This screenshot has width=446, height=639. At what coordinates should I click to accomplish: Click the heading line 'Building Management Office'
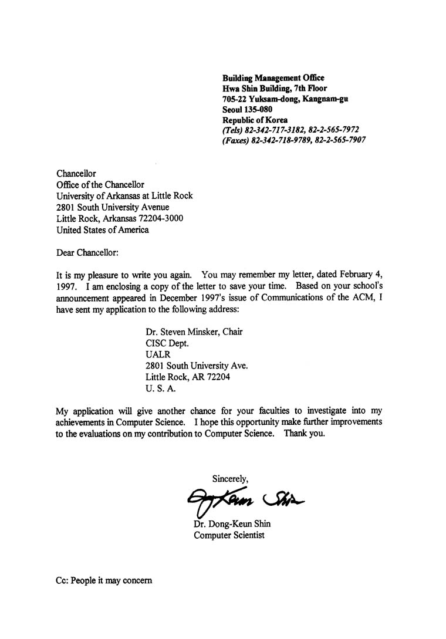tap(273, 77)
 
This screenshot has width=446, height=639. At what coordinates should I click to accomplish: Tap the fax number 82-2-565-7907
tap(340, 141)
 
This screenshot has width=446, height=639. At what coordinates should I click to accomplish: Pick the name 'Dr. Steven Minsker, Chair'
tap(194, 332)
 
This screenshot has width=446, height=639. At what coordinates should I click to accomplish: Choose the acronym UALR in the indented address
tap(157, 354)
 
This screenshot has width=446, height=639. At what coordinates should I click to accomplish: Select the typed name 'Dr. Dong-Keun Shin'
tap(232, 524)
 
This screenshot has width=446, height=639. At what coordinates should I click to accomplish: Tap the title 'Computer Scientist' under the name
tap(229, 535)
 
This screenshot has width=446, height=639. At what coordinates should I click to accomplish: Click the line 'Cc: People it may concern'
tap(104, 580)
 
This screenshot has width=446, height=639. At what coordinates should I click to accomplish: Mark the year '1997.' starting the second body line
tap(67, 288)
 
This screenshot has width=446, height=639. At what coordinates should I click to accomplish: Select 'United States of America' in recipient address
tap(102, 230)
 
